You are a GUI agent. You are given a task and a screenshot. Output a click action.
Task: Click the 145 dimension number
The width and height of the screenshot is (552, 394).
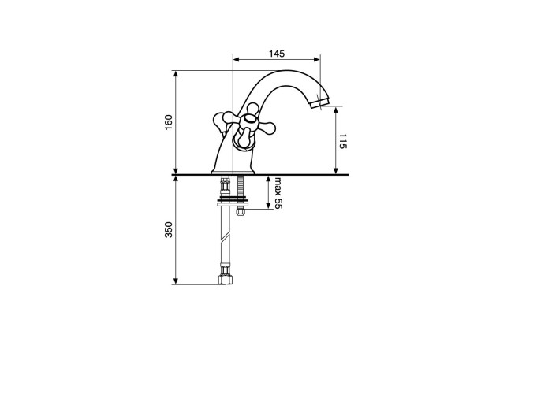(277, 54)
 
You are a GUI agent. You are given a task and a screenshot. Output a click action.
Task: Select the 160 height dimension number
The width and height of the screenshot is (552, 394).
(169, 122)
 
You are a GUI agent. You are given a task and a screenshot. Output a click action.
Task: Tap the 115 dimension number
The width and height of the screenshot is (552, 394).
(343, 141)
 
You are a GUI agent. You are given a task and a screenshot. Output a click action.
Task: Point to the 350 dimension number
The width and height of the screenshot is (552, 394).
(169, 230)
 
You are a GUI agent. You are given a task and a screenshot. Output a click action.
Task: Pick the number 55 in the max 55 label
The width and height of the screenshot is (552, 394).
(278, 203)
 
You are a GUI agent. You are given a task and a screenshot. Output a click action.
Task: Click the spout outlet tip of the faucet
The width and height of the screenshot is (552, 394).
(319, 103)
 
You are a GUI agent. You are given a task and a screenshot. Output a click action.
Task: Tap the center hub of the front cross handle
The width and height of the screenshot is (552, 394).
(249, 120)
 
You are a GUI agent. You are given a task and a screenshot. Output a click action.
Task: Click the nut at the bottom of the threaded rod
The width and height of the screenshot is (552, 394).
(241, 212)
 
